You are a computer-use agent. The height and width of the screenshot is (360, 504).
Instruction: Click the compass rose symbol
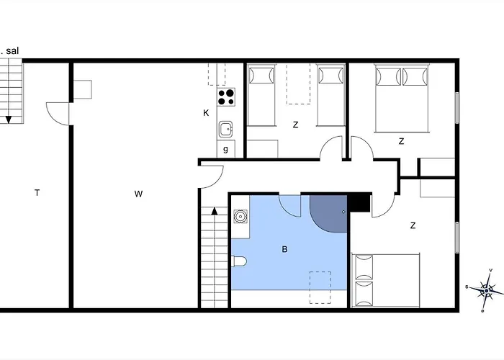[487, 290]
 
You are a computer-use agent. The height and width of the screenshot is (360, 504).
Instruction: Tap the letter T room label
[37, 192]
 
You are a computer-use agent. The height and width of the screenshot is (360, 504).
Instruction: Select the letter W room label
[138, 193]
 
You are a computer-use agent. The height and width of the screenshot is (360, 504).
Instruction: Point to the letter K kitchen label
[206, 113]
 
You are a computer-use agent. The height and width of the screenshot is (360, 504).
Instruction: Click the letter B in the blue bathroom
[284, 249]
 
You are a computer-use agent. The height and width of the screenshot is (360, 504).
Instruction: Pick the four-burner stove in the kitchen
[226, 96]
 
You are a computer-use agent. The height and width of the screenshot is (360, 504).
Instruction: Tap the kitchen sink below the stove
[226, 130]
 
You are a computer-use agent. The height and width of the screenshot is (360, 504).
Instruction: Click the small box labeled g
[226, 149]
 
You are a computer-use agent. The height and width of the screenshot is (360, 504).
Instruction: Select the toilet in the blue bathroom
[240, 261]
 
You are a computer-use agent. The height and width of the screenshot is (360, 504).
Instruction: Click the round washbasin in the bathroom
[240, 215]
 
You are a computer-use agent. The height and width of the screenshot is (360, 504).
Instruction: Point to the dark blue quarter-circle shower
[328, 212]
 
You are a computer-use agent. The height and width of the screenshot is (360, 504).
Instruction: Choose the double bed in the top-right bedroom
[401, 98]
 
